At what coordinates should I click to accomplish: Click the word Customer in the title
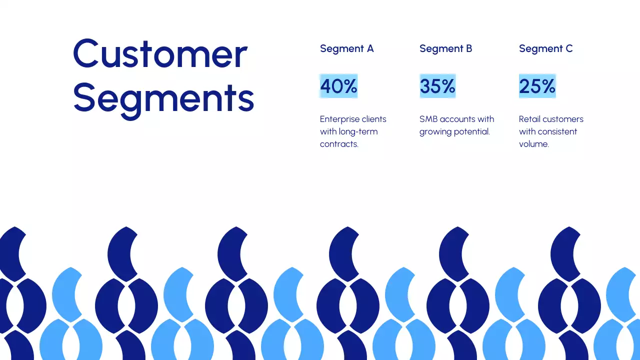[x=160, y=53]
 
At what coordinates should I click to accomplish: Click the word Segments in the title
[x=163, y=97]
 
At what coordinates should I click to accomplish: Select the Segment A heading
[x=346, y=48]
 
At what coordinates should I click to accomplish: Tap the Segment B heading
[x=445, y=48]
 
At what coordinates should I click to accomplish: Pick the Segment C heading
[x=545, y=48]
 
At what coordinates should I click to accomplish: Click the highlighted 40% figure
[x=338, y=86]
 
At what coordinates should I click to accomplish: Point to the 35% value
[x=437, y=86]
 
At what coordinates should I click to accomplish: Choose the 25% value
[x=537, y=86]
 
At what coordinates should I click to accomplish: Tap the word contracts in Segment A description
[x=339, y=144]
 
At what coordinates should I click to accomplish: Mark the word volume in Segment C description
[x=533, y=144]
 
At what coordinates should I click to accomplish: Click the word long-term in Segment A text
[x=358, y=131]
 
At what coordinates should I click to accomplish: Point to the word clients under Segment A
[x=374, y=119]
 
